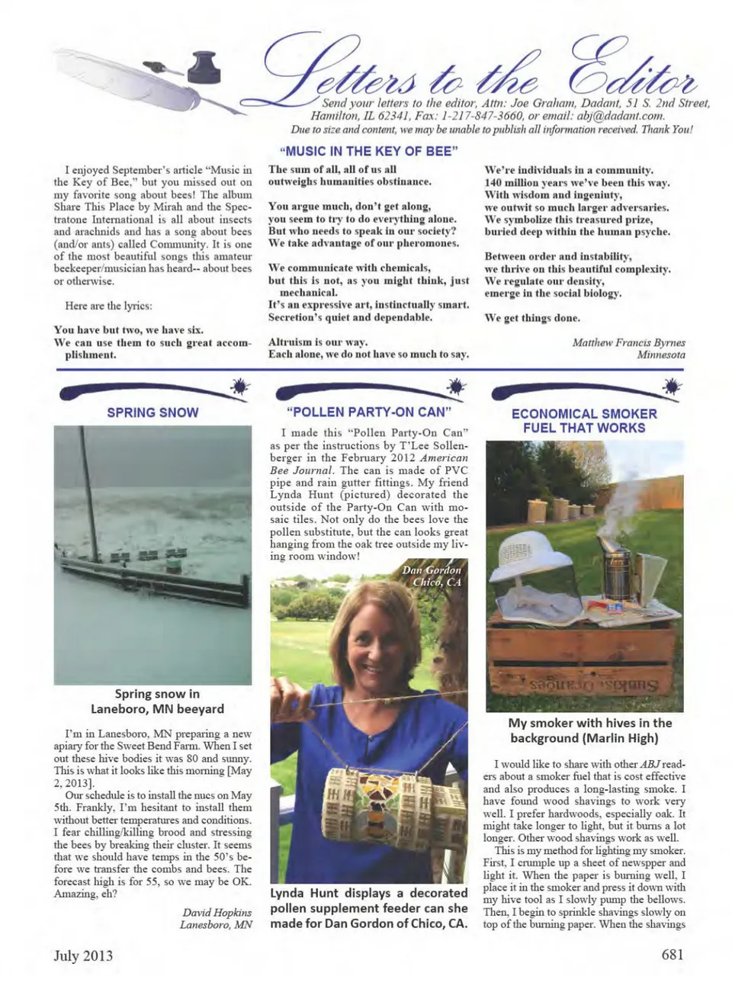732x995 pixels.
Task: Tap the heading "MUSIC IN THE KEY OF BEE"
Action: tap(368, 151)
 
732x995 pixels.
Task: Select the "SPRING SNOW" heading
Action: tap(152, 412)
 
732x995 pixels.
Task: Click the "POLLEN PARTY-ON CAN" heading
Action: tap(369, 412)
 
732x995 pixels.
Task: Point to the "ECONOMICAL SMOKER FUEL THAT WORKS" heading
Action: tap(584, 421)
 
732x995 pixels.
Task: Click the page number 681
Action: tap(672, 955)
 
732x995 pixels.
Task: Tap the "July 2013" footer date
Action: tap(83, 955)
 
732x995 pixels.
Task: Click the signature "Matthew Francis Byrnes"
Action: tap(628, 342)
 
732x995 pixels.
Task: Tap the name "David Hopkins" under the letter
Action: tap(217, 913)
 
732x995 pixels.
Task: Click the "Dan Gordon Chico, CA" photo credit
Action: tap(432, 576)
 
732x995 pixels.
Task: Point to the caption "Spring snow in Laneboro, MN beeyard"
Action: tap(157, 701)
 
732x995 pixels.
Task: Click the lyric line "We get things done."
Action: tap(532, 318)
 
